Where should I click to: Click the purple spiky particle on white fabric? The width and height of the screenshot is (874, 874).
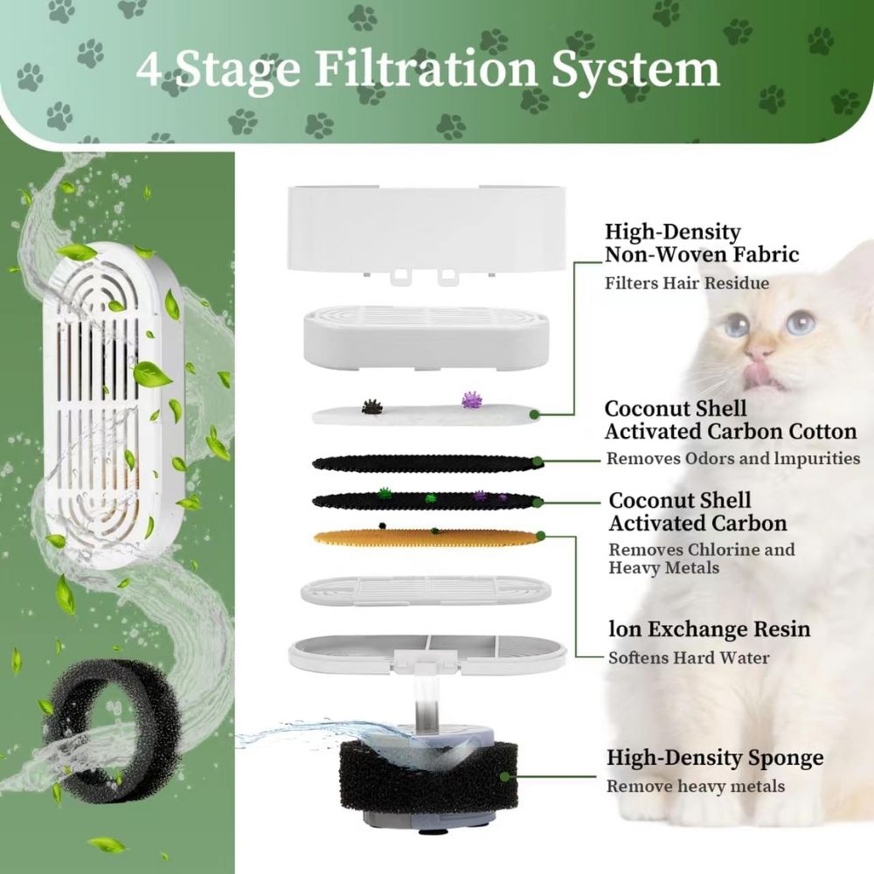[x=472, y=400]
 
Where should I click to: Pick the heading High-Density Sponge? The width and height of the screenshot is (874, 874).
[x=715, y=758]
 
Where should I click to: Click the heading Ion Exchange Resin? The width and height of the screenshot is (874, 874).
[x=709, y=629]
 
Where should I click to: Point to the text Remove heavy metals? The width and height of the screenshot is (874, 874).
[x=696, y=786]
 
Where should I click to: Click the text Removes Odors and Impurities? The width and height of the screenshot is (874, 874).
[x=733, y=458]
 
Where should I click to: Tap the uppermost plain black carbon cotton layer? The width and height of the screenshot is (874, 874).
[x=424, y=462]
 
